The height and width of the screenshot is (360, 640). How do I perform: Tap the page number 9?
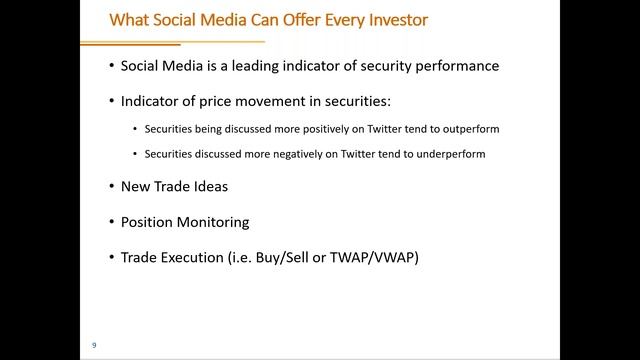coord(94,345)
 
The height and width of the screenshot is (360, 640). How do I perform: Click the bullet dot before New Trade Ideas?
coord(111,186)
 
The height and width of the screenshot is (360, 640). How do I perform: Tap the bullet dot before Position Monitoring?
coord(111,221)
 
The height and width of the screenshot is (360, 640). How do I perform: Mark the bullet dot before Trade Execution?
coord(111,257)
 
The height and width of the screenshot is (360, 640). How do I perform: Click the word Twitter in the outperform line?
coord(376,129)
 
